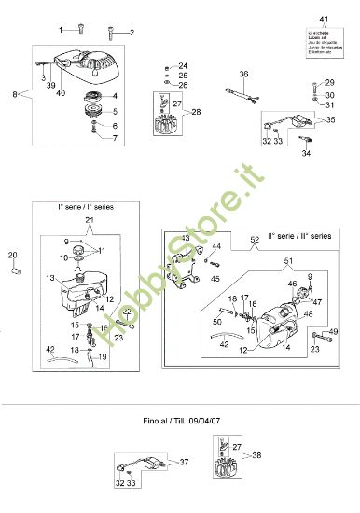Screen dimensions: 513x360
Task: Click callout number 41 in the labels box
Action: click(x=325, y=20)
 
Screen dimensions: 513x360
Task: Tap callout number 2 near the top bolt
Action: click(x=132, y=33)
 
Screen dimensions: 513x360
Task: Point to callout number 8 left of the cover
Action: click(x=14, y=94)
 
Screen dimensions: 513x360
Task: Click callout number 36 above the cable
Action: click(x=243, y=74)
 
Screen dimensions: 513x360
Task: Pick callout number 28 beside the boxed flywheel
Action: click(x=195, y=112)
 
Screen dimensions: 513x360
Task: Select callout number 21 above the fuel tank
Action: click(x=90, y=220)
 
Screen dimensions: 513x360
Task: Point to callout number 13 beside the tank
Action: click(x=49, y=278)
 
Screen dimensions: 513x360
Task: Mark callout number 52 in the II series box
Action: click(x=254, y=241)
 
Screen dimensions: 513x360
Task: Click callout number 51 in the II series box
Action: click(x=288, y=260)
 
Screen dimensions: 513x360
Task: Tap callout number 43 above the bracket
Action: click(x=186, y=240)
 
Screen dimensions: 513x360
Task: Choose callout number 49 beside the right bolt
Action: click(x=335, y=332)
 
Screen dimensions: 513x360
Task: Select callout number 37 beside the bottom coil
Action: click(x=184, y=463)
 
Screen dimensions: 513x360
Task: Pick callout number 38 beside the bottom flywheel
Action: click(x=258, y=456)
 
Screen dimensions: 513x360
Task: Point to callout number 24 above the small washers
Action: click(x=183, y=65)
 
